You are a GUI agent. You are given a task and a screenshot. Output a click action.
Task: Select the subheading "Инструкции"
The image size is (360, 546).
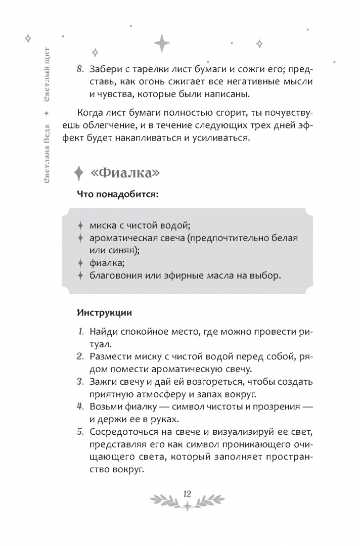point(104,313)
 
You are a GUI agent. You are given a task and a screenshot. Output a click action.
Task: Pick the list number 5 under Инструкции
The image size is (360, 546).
point(80,432)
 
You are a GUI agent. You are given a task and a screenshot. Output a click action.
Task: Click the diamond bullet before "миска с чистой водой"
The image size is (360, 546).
point(80,225)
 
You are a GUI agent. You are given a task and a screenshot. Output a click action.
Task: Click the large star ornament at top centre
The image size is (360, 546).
point(162,42)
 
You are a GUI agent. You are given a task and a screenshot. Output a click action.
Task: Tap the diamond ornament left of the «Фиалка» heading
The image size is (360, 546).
point(78,172)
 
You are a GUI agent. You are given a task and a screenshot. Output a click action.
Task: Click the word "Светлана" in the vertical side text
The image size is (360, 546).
point(47,163)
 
